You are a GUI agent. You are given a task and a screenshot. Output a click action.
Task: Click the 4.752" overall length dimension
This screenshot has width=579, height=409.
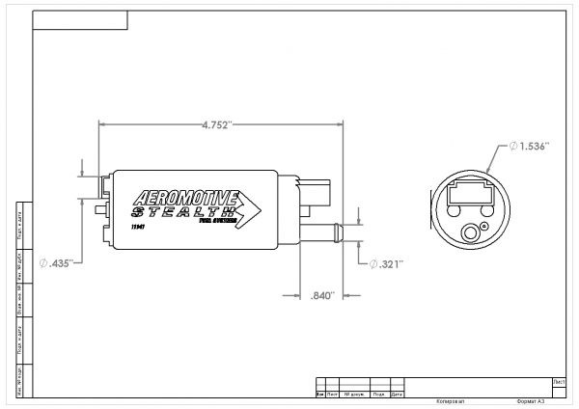(x=217, y=124)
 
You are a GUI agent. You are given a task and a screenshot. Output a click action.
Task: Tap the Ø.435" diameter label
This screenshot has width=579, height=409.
(x=58, y=262)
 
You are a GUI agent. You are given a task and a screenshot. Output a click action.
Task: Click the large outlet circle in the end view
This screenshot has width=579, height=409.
(x=474, y=232)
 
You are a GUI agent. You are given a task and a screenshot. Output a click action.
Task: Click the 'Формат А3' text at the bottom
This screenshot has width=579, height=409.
(x=531, y=400)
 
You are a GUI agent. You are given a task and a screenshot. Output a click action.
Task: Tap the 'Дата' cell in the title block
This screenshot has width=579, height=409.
(x=396, y=394)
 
